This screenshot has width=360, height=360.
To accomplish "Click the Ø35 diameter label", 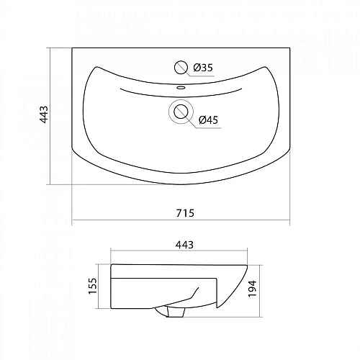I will click(x=204, y=69).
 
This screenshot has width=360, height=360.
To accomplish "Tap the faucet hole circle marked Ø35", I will click(x=180, y=68).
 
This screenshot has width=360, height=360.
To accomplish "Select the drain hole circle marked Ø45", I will click(x=181, y=112).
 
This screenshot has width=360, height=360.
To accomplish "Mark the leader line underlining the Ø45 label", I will click(x=209, y=128).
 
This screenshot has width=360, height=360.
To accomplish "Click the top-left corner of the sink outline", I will click(x=73, y=48).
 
